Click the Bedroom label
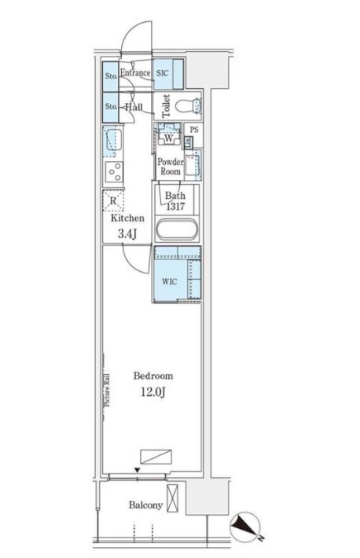click(x=153, y=376)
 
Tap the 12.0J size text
click(x=153, y=392)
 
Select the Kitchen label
click(x=127, y=218)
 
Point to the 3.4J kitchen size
click(x=127, y=233)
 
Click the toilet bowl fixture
click(x=189, y=105)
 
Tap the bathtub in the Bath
click(x=177, y=231)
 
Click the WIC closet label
click(x=169, y=282)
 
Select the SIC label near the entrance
click(x=163, y=73)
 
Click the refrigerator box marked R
click(x=113, y=200)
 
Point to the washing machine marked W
click(x=169, y=137)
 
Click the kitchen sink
click(x=112, y=141)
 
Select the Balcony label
click(x=145, y=505)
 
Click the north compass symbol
click(x=245, y=527)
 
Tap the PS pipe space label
click(x=193, y=130)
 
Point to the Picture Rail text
click(x=107, y=390)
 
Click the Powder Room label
click(x=171, y=167)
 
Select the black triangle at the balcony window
click(x=137, y=471)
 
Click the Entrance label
click(x=135, y=73)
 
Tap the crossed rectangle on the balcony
click(x=173, y=498)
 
